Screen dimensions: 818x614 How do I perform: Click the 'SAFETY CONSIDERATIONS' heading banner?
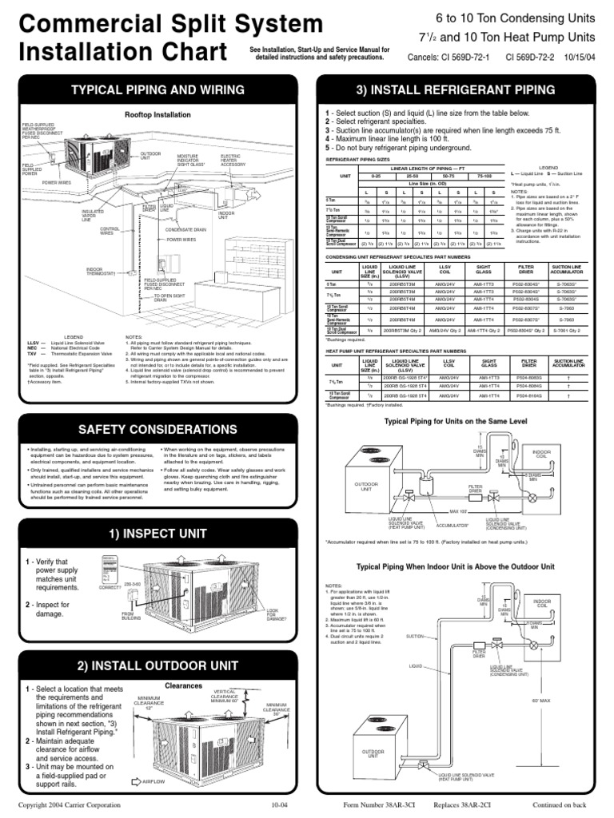(151, 430)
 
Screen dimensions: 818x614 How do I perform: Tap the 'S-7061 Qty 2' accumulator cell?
(568, 328)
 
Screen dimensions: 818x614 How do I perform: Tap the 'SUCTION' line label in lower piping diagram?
(416, 636)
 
